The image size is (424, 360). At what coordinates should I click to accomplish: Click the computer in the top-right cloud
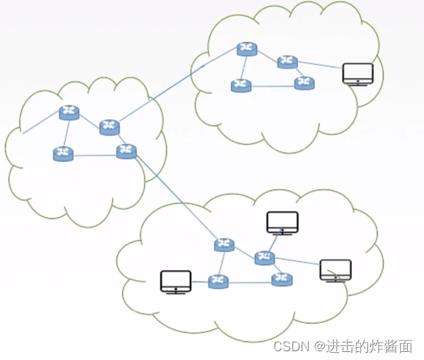pyautogui.click(x=358, y=74)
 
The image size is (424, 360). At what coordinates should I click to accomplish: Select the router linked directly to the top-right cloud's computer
pyautogui.click(x=287, y=62)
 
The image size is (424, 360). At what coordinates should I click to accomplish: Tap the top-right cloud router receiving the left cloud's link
pyautogui.click(x=247, y=49)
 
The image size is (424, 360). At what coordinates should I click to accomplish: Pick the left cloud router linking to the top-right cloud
pyautogui.click(x=109, y=127)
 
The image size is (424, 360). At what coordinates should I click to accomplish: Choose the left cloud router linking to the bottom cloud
pyautogui.click(x=126, y=152)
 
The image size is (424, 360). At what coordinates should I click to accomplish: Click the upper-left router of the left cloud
pyautogui.click(x=69, y=112)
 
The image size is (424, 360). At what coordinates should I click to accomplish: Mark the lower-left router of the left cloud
pyautogui.click(x=63, y=154)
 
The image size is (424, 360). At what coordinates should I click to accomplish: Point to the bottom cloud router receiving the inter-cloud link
pyautogui.click(x=224, y=245)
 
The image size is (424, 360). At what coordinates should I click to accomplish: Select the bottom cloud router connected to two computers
pyautogui.click(x=264, y=257)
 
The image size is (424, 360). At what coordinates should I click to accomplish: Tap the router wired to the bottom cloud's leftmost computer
pyautogui.click(x=218, y=281)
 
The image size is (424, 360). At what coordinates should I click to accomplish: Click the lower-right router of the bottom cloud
pyautogui.click(x=282, y=278)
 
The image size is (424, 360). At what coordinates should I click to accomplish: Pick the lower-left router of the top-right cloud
pyautogui.click(x=241, y=85)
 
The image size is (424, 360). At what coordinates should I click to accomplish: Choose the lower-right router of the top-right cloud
pyautogui.click(x=305, y=83)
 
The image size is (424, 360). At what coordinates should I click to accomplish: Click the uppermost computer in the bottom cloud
pyautogui.click(x=282, y=222)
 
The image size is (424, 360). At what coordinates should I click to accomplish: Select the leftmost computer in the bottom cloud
pyautogui.click(x=176, y=281)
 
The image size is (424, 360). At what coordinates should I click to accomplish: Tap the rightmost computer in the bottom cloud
pyautogui.click(x=335, y=270)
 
